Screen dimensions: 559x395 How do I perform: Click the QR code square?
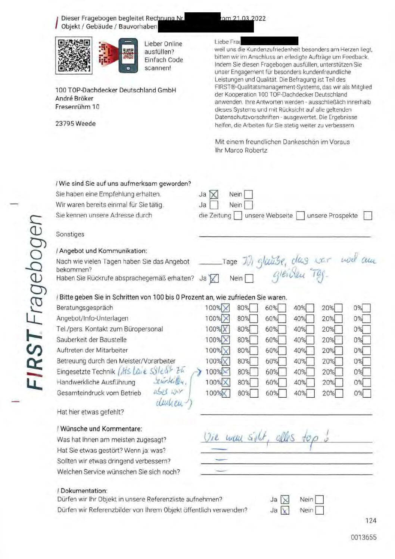(x=74, y=55)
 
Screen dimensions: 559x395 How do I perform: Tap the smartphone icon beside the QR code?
(x=128, y=55)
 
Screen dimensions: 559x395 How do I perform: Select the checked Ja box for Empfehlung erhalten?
(x=214, y=195)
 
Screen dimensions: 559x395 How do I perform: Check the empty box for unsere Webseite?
(x=300, y=216)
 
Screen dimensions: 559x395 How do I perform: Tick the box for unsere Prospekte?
(x=368, y=216)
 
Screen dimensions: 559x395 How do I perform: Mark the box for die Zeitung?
(x=238, y=216)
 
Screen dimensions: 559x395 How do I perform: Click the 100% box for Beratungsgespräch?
(x=226, y=308)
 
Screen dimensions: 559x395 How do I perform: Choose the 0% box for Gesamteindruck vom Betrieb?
(x=367, y=393)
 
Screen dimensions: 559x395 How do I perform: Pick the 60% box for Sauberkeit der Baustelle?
(x=282, y=340)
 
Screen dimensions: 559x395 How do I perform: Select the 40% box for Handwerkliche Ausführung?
(x=310, y=383)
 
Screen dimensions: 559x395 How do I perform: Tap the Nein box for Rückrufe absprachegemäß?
(x=249, y=279)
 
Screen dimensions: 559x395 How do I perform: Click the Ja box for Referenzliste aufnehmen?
(x=285, y=500)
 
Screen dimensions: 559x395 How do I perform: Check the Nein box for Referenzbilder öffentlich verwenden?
(x=320, y=510)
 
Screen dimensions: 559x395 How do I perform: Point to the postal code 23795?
(x=64, y=124)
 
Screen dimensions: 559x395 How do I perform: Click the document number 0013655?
(x=364, y=537)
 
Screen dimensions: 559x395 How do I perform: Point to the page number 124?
(x=371, y=521)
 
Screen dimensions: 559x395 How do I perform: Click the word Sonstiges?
(x=70, y=235)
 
